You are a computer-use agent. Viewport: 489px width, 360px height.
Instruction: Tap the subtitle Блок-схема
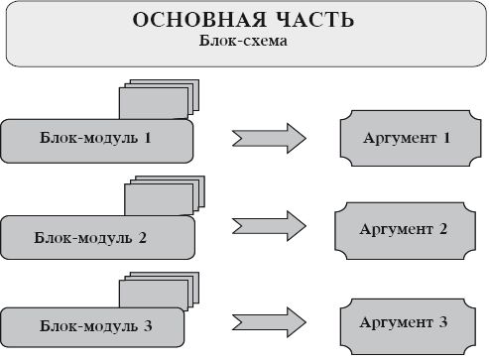[x=244, y=43]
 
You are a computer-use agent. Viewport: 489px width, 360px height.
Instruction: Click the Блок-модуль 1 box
[x=96, y=140]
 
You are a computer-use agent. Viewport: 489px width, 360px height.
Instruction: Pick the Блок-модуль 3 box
[x=91, y=326]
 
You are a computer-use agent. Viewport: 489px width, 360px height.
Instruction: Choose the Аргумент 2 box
[x=407, y=230]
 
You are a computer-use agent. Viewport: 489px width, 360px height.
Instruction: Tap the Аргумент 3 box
[x=407, y=323]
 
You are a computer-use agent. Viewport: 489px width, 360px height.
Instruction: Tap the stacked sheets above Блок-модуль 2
[x=165, y=194]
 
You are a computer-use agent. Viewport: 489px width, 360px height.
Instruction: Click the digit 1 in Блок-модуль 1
[x=147, y=139]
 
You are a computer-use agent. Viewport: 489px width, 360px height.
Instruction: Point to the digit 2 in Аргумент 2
[x=442, y=230]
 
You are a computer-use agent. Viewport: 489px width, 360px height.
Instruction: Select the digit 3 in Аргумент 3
[x=442, y=323]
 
